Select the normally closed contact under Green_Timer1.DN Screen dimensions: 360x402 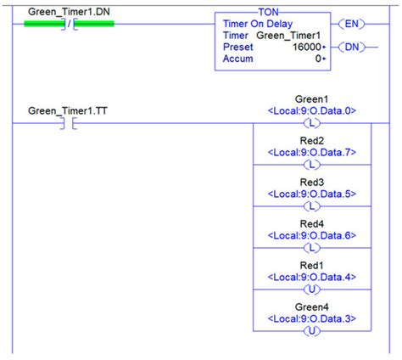tap(68, 23)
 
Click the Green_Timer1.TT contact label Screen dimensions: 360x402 tap(67, 110)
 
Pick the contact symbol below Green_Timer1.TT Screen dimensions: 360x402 tap(68, 124)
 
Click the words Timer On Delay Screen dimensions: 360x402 tap(259, 24)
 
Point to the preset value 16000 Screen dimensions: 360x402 tap(300, 48)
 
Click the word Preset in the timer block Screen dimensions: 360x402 tap(237, 48)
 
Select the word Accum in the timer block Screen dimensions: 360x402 tap(239, 59)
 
